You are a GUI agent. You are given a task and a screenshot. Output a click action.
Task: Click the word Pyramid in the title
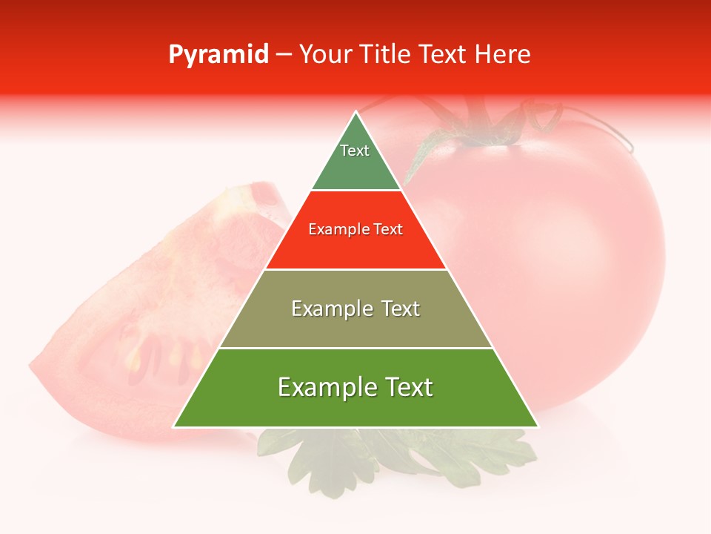(218, 55)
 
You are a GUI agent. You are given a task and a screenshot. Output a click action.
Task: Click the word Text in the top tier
(355, 151)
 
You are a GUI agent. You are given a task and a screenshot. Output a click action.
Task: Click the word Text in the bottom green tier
(404, 387)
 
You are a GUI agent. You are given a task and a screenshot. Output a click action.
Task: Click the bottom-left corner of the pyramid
(174, 426)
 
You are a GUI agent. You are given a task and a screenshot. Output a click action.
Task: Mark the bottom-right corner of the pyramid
(538, 426)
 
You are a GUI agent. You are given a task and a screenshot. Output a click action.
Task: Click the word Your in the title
(324, 55)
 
